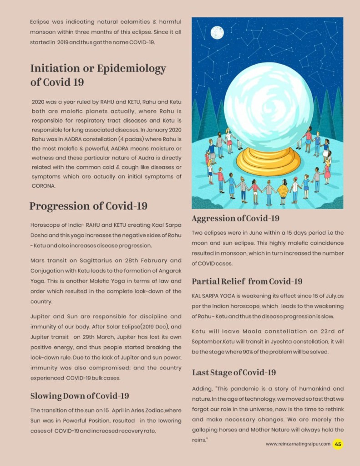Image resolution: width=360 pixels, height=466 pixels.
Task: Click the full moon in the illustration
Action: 217,32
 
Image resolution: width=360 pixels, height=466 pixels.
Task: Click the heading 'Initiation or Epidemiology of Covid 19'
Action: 98,75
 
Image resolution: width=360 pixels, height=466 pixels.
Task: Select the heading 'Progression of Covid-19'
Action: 88,206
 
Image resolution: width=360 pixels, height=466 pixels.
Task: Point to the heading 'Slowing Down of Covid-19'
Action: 80,395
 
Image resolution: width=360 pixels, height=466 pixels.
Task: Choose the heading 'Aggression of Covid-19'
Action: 235,218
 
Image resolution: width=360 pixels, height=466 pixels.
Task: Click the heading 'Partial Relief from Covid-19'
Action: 247,281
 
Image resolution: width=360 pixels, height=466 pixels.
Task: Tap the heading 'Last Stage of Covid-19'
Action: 233,372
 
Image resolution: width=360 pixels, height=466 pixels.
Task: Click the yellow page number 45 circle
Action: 338,444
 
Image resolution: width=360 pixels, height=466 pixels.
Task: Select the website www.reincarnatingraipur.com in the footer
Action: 298,444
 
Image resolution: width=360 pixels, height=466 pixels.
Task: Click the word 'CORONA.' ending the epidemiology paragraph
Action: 43,186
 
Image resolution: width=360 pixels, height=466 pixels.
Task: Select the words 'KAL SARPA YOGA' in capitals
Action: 213,295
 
